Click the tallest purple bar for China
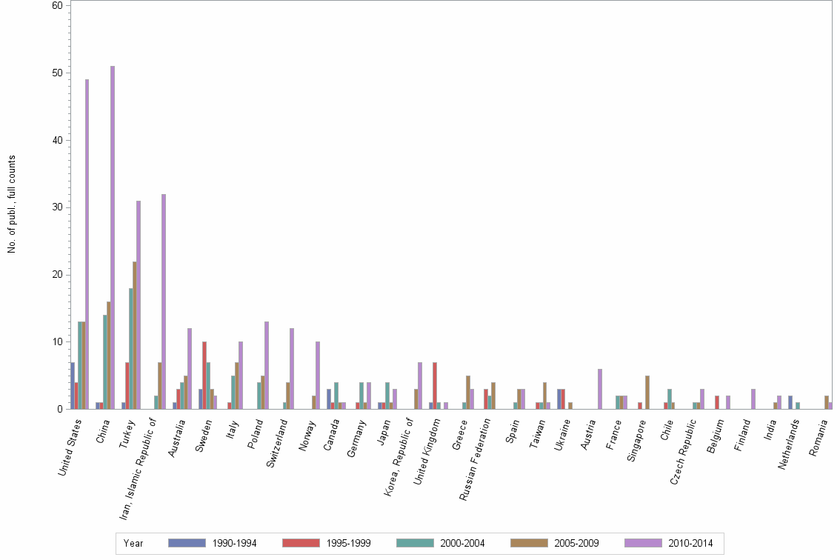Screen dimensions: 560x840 [113, 237]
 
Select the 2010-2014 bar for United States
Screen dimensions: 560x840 [87, 244]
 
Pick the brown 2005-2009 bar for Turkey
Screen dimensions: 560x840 [134, 335]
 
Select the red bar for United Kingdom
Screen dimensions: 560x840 [435, 385]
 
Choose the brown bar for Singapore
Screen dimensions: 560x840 [647, 393]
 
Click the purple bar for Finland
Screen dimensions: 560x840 [753, 399]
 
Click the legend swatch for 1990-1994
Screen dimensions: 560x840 [186, 543]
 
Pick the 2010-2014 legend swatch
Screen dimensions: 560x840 [644, 543]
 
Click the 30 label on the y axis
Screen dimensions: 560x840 [57, 207]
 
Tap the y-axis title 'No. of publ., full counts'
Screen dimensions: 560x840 [11, 204]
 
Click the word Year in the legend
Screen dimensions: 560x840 [133, 544]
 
